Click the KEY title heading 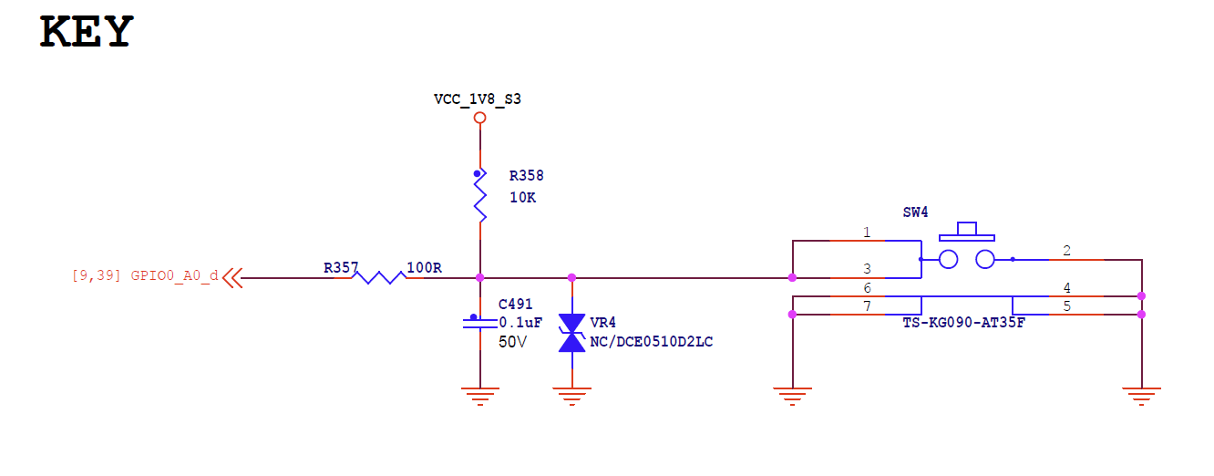tap(87, 32)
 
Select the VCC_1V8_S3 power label tap(478, 98)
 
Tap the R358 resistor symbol tap(480, 198)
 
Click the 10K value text tap(522, 197)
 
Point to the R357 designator tap(341, 267)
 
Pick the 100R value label tap(424, 267)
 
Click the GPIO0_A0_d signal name tap(174, 275)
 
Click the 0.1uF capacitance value tap(521, 323)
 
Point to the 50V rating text tap(513, 342)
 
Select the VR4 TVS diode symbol tap(571, 333)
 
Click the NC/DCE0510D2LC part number tap(652, 342)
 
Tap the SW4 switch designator tap(915, 212)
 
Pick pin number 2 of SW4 tap(1066, 251)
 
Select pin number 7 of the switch tap(866, 306)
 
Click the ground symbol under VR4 tap(571, 395)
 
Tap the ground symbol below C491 tap(480, 395)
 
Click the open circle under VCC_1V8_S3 tap(480, 118)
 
